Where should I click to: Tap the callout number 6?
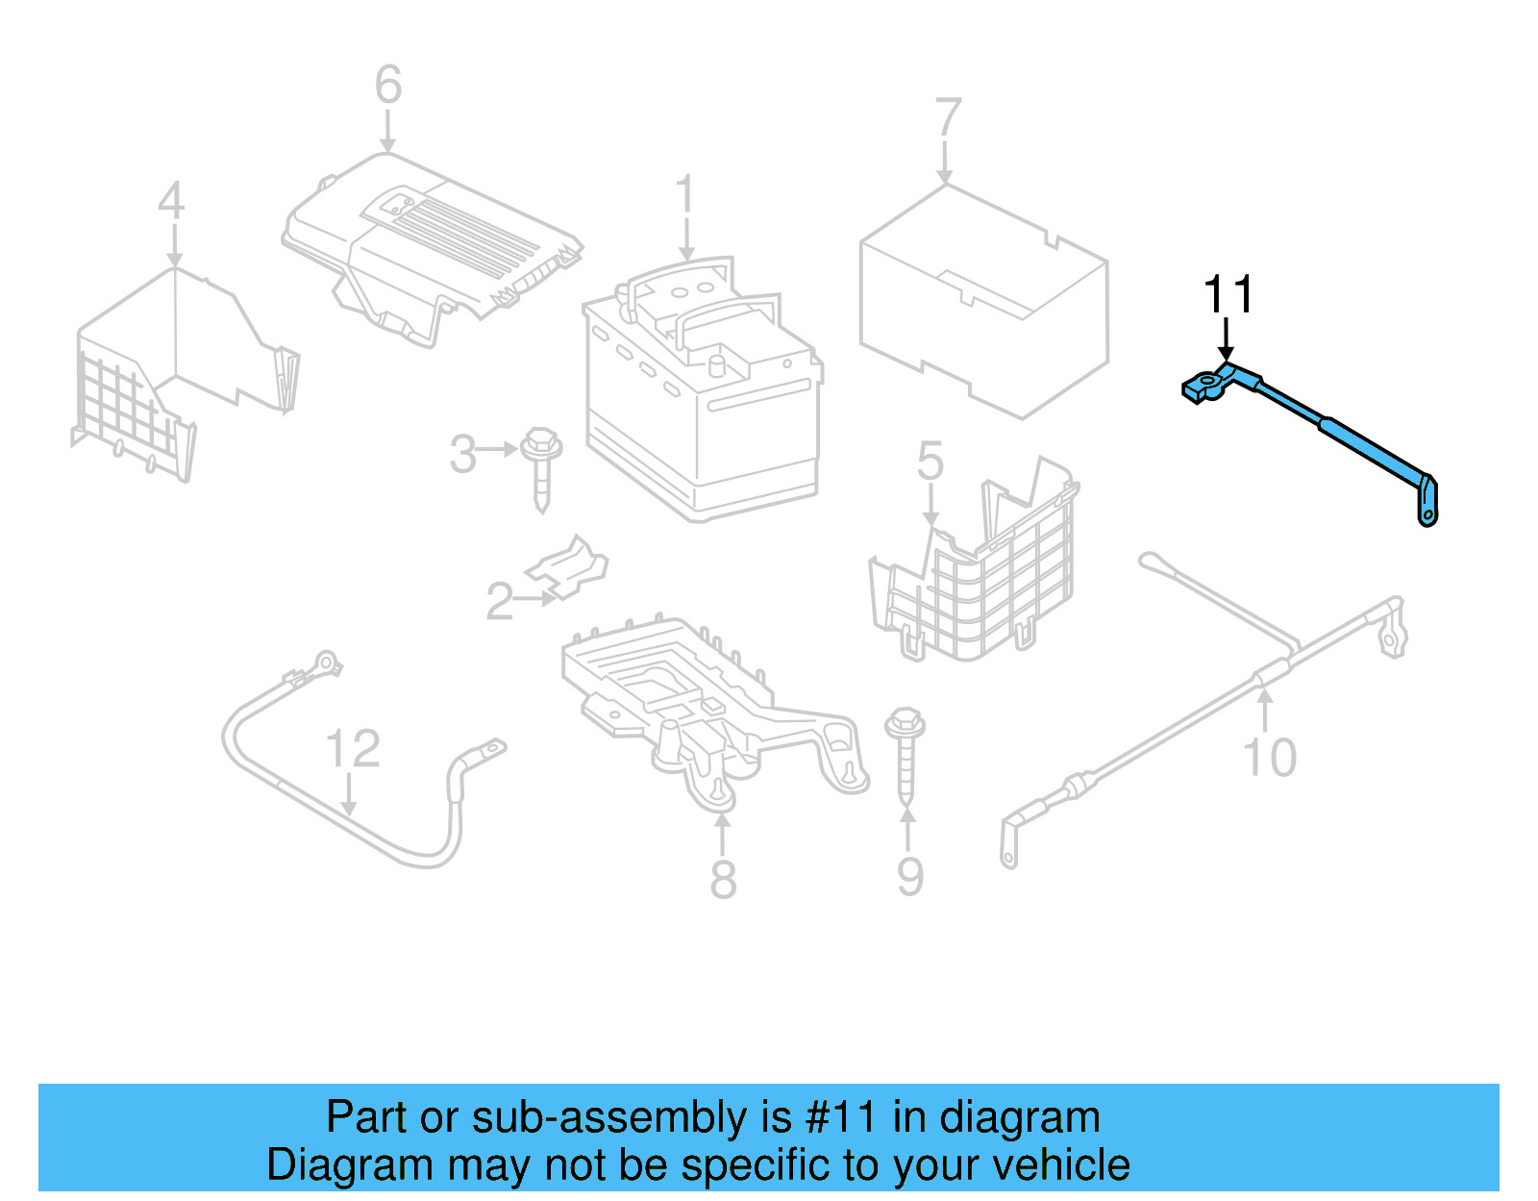pyautogui.click(x=387, y=85)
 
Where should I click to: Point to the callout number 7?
pyautogui.click(x=947, y=117)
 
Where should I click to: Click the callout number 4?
pyautogui.click(x=170, y=202)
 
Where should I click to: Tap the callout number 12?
pyautogui.click(x=353, y=749)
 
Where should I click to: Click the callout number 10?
pyautogui.click(x=1270, y=758)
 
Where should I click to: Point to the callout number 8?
pyautogui.click(x=723, y=878)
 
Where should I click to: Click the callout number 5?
pyautogui.click(x=930, y=463)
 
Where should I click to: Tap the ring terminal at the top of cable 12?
pyautogui.click(x=326, y=663)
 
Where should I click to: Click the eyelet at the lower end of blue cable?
pyautogui.click(x=1427, y=516)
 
